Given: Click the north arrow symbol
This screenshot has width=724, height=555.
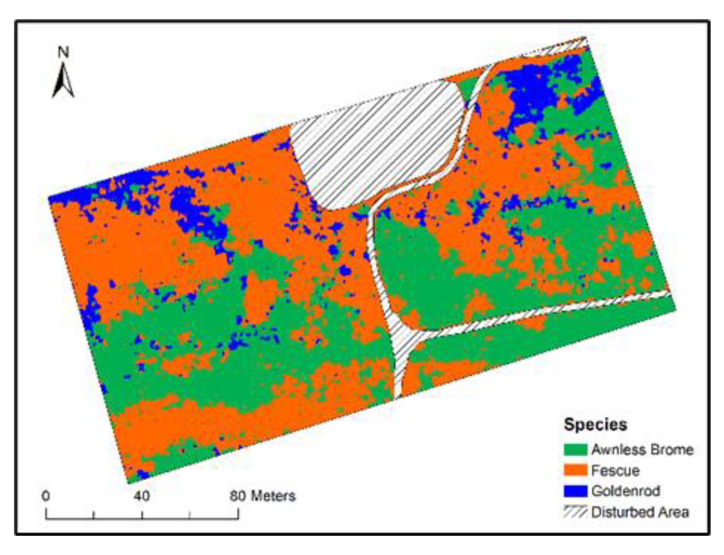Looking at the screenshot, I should pyautogui.click(x=64, y=81).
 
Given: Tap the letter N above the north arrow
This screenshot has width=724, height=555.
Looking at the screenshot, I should pyautogui.click(x=64, y=52).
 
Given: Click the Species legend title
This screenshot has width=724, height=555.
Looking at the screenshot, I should pyautogui.click(x=595, y=424).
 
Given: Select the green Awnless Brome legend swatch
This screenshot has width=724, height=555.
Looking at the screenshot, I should pyautogui.click(x=575, y=450).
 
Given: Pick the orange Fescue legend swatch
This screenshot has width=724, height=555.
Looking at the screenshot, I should pyautogui.click(x=575, y=470).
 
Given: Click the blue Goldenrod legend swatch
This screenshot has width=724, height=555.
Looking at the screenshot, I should pyautogui.click(x=575, y=491).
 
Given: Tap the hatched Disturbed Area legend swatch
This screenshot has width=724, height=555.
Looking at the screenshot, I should pyautogui.click(x=575, y=512).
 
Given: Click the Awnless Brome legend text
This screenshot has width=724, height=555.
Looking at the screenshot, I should pyautogui.click(x=642, y=450).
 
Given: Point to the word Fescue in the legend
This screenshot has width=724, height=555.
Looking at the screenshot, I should pyautogui.click(x=615, y=471).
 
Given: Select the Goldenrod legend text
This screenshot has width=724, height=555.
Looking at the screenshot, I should pyautogui.click(x=626, y=491).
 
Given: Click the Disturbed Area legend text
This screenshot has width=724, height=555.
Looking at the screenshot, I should pyautogui.click(x=640, y=512).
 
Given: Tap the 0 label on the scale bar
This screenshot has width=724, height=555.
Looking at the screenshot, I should pyautogui.click(x=46, y=496).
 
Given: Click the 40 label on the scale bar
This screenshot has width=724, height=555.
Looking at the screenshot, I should pyautogui.click(x=142, y=496).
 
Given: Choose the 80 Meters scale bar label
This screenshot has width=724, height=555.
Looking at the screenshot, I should pyautogui.click(x=263, y=496).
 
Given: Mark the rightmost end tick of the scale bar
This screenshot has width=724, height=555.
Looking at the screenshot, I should pyautogui.click(x=238, y=514).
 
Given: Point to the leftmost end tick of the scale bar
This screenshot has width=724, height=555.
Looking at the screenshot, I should pyautogui.click(x=46, y=514).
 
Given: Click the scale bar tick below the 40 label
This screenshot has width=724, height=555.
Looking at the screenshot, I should pyautogui.click(x=142, y=515).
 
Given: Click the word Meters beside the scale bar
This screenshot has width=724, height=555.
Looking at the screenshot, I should pyautogui.click(x=273, y=496).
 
